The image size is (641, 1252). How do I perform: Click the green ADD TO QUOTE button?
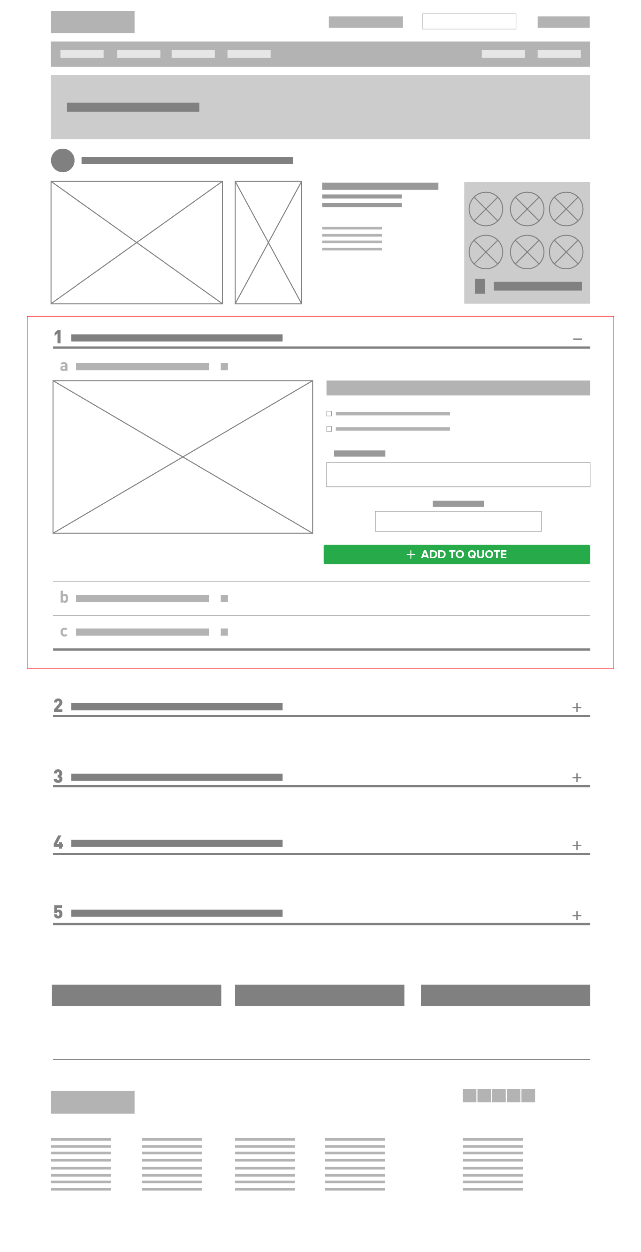coord(457,554)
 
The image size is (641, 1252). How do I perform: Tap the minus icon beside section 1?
coord(577,339)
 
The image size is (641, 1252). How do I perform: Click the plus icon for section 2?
coord(577,707)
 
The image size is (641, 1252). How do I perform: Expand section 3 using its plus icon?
coord(577,778)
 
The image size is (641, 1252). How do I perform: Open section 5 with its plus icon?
coord(577,915)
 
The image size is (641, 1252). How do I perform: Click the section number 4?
coord(58,842)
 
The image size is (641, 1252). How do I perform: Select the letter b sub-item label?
coord(64,597)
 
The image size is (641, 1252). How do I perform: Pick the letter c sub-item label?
coord(64,632)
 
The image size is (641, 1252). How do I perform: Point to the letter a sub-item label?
coord(64,366)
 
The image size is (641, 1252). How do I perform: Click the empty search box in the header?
coord(469,22)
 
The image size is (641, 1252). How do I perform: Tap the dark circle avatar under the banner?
coord(63,160)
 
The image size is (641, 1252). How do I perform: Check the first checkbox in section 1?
coord(329,414)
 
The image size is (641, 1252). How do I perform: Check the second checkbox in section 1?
coord(329,429)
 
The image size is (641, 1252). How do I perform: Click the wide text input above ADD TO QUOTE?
coord(458,474)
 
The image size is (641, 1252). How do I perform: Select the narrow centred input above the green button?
coord(458,521)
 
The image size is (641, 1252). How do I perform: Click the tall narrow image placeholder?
coord(268,243)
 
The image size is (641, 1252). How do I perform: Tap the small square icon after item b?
coord(224,598)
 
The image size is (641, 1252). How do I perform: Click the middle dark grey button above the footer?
coord(320,995)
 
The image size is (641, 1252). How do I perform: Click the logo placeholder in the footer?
coord(93,1102)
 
